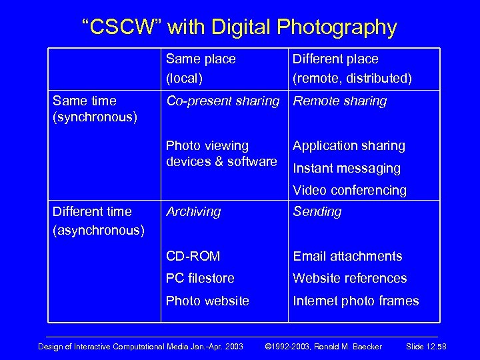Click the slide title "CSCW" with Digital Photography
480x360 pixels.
click(239, 27)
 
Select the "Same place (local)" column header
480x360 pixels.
click(201, 69)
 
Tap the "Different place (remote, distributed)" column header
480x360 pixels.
click(352, 69)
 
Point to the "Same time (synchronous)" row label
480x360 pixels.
click(95, 109)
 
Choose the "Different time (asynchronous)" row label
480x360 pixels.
click(98, 221)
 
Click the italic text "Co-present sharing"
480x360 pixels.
click(222, 101)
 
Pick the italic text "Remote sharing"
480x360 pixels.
click(340, 101)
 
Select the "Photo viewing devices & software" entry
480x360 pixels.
click(221, 153)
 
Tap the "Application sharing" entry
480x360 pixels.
click(349, 146)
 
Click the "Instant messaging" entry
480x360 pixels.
click(347, 168)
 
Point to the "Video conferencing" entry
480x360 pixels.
click(349, 190)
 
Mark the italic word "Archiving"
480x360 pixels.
click(193, 212)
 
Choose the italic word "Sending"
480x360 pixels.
click(317, 212)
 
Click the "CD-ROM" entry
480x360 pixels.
click(193, 256)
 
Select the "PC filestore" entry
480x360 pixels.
click(200, 278)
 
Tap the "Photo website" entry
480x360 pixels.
click(207, 301)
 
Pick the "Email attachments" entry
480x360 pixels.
click(348, 256)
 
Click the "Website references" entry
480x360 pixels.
click(350, 278)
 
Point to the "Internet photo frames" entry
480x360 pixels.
click(356, 301)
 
